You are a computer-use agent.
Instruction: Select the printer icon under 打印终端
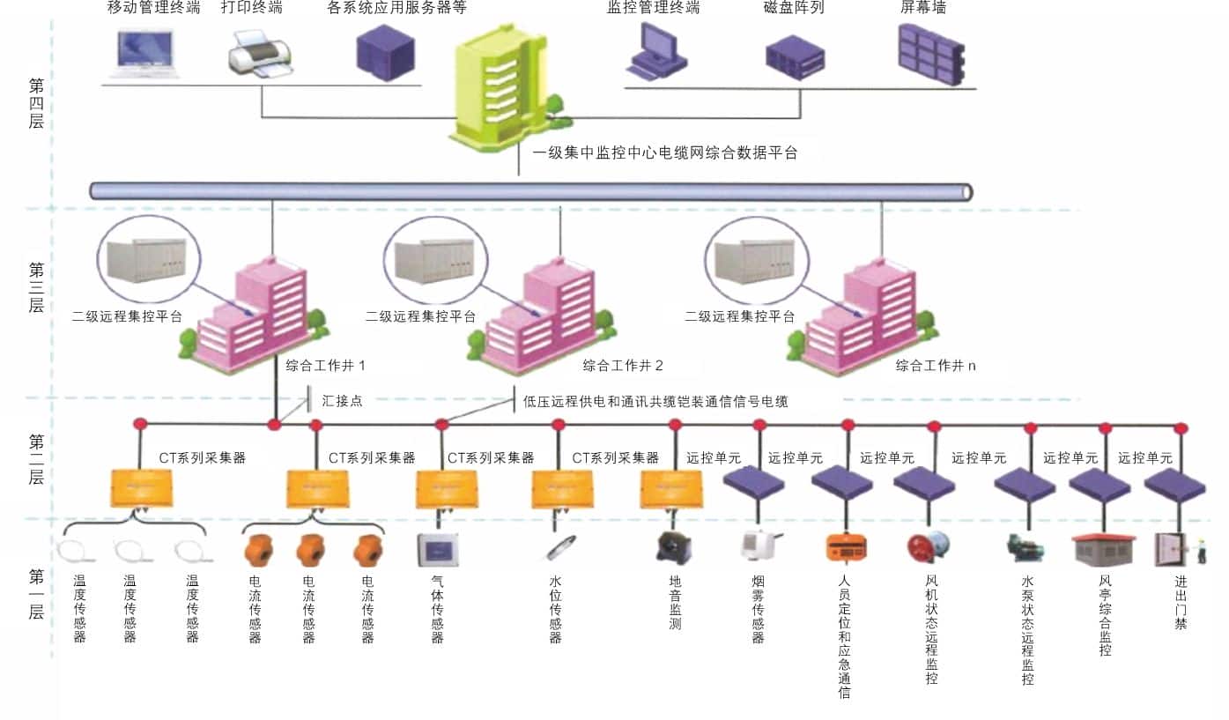pyautogui.click(x=260, y=53)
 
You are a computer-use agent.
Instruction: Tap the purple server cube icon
pyautogui.click(x=384, y=49)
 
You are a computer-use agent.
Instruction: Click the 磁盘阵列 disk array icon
pyautogui.click(x=795, y=55)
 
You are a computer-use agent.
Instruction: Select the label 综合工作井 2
pyautogui.click(x=623, y=365)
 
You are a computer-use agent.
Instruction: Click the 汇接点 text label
pyautogui.click(x=342, y=401)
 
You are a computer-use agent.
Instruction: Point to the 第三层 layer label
pyautogui.click(x=36, y=287)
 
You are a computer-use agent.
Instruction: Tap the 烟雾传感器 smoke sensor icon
pyautogui.click(x=759, y=546)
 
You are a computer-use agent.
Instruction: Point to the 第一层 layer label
pyautogui.click(x=36, y=594)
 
